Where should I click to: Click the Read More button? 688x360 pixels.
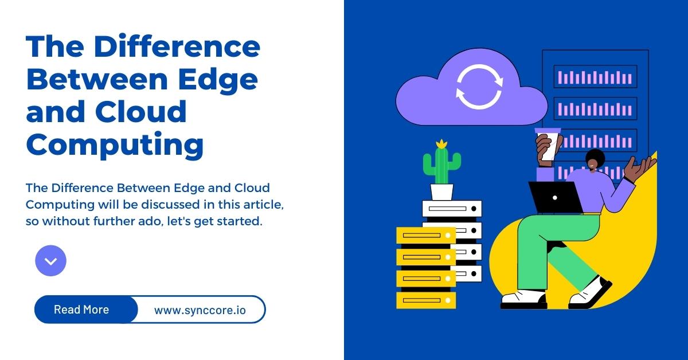[x=81, y=310]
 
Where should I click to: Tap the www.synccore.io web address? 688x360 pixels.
[x=200, y=310]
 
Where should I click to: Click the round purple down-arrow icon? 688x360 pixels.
[x=50, y=261]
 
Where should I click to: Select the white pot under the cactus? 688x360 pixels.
[x=441, y=191]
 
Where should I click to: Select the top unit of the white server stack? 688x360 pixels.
[x=452, y=209]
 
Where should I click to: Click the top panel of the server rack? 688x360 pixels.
[x=595, y=77]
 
